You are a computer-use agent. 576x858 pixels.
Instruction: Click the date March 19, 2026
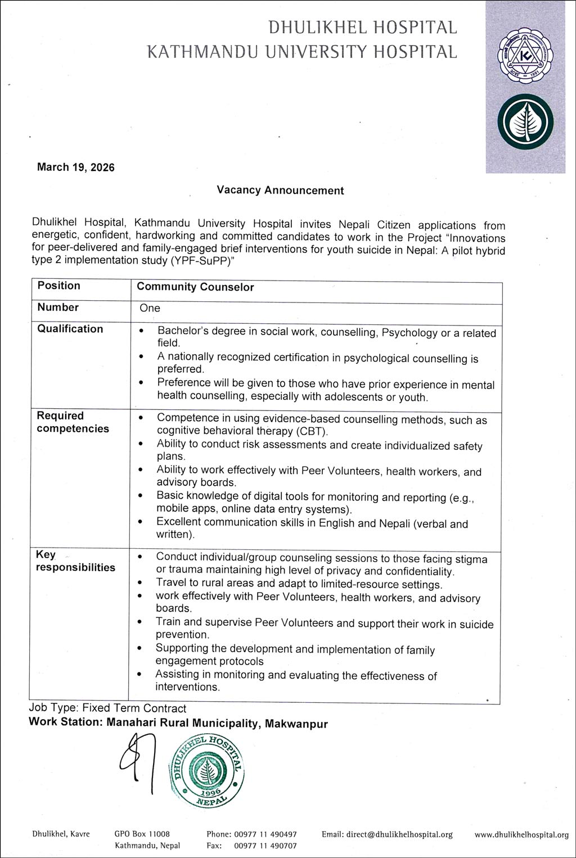75,167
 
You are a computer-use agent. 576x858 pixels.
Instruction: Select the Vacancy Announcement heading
280,191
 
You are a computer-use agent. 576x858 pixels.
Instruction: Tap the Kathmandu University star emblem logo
525,56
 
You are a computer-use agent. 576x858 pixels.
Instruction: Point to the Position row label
58,286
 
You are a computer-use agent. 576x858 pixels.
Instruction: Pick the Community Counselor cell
195,287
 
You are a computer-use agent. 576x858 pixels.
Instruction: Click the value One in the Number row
150,308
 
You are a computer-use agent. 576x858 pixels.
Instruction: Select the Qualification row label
70,329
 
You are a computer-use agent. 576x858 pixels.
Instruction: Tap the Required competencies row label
73,422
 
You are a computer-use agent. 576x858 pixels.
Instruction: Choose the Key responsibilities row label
75,561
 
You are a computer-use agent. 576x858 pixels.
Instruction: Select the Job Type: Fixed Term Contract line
107,708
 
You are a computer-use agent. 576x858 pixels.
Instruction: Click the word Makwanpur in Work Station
296,724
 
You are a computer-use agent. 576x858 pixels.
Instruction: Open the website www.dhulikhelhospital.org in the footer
521,835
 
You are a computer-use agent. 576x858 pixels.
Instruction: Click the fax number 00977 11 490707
265,846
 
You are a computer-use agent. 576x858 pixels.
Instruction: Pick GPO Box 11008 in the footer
142,834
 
